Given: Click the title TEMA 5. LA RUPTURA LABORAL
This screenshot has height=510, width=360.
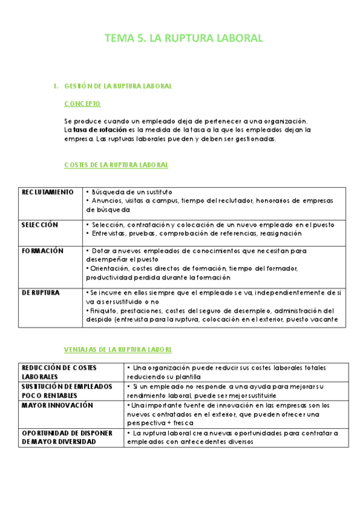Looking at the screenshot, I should point(184,38).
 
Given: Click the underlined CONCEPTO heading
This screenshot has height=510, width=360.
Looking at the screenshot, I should point(82,103).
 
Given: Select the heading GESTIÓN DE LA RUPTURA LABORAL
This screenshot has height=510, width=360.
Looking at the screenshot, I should point(118,86).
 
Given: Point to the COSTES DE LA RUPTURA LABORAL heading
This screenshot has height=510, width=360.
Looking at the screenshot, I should point(116,164).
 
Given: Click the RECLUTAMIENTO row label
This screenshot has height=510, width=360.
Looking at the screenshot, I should point(47,192).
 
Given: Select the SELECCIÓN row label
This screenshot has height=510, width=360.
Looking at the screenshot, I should point(40,225).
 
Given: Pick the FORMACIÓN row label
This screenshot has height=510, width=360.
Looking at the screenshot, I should point(42,251).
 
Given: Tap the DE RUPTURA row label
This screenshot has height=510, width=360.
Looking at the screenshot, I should point(41,292).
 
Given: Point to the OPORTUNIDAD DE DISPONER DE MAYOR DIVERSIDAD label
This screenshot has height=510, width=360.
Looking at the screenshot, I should point(67,437).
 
